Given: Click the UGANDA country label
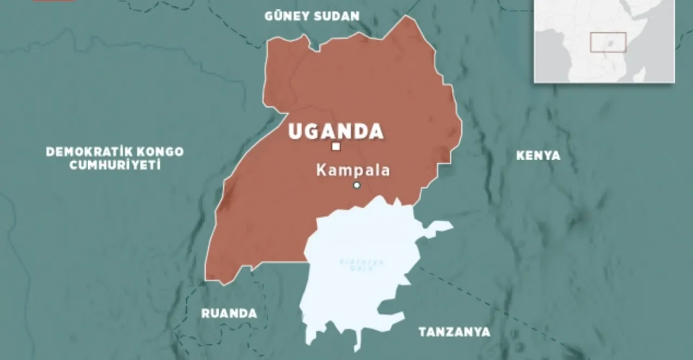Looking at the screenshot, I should point(336,132).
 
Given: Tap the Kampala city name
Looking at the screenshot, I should point(353,171).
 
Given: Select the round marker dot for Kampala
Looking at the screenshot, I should point(357,185).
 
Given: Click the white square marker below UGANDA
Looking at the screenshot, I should point(336,146).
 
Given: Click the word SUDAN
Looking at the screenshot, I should point(337,16).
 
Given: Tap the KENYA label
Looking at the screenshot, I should point(538,156).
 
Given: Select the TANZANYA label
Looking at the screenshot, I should point(454,332).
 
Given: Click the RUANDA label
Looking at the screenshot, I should point(229,313).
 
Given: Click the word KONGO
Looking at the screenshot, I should point(160,152).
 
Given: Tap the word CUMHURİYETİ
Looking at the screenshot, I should point(115,166).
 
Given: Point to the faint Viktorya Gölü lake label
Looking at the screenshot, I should point(362,265).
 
